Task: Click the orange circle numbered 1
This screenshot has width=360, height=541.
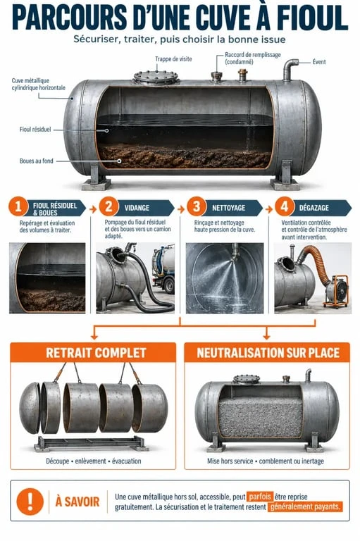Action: coord(18,206)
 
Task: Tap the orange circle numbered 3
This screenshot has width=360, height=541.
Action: coord(196,206)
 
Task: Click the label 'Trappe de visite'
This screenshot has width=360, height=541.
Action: coord(173,59)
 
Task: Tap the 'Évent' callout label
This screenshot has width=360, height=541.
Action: coord(319,62)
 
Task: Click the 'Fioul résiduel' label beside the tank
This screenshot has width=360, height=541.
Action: coord(35,130)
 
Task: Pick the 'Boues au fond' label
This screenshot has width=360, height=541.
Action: coord(36,161)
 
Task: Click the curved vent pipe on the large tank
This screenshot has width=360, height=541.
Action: coord(289,69)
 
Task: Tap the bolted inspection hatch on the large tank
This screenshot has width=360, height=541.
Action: coord(156,77)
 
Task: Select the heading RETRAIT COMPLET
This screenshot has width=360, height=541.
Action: coord(96,353)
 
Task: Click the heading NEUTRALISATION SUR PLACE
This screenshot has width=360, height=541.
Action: coord(268,353)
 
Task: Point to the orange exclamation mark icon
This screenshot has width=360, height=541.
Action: coord(30,502)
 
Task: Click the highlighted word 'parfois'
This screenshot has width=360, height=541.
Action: coord(260,497)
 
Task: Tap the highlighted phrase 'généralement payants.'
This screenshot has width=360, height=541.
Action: coord(305,507)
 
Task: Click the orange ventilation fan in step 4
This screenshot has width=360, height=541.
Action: coord(336,290)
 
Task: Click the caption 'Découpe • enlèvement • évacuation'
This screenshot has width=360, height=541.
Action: coord(94,461)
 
